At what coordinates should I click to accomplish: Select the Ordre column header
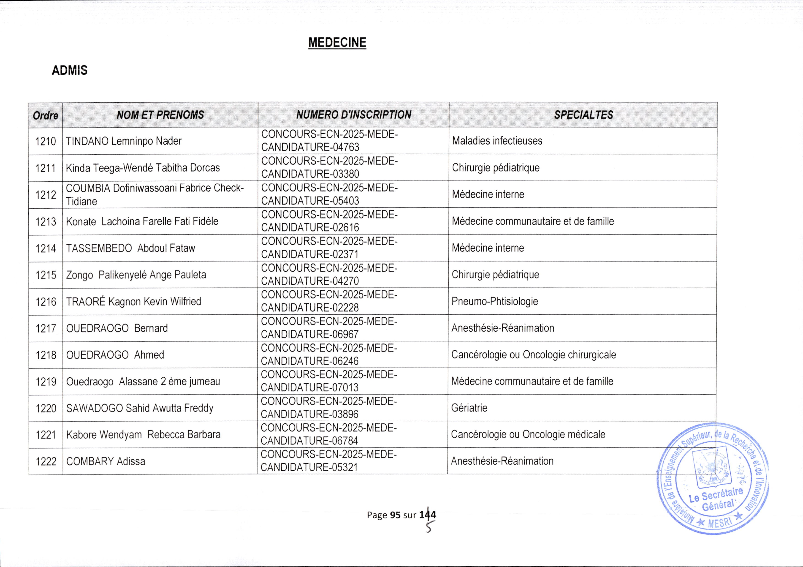[46, 115]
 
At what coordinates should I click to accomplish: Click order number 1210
[46, 141]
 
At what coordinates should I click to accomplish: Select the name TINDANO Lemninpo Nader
[124, 141]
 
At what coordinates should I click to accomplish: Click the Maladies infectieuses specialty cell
[497, 141]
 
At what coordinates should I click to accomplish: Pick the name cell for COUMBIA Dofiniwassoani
[155, 194]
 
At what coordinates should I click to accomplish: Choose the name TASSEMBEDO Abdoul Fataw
[130, 248]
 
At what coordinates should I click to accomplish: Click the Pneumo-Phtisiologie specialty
[494, 301]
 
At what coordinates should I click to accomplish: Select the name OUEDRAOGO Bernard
[117, 328]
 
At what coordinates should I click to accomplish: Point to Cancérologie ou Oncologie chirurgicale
[533, 355]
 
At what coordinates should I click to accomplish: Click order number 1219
[46, 381]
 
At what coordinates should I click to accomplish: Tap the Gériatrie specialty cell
[469, 408]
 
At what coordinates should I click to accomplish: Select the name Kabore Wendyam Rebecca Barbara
[143, 434]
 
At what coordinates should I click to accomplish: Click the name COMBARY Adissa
[106, 461]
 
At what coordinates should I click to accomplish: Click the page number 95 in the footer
[395, 515]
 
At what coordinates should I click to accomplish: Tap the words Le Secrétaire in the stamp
[716, 495]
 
